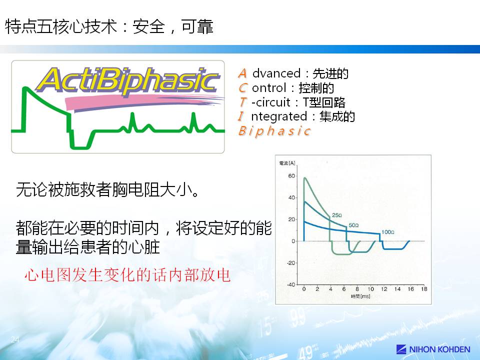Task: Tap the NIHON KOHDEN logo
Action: coord(433,349)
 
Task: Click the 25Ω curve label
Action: coord(337,215)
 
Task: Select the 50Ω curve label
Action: coord(353,225)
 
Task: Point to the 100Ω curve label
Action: coord(388,232)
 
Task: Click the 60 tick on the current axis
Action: coord(291,176)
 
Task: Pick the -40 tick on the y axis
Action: coord(290,284)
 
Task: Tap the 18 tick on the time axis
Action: coord(424,289)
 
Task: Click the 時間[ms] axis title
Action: coord(360,296)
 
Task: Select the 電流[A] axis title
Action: coord(287,163)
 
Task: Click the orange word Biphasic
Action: coord(274,131)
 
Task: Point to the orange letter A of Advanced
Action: coord(242,73)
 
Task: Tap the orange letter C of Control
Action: coord(243,88)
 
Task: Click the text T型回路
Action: coord(324,102)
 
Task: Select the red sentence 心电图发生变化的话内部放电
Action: coord(127,274)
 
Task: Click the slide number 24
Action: coord(15,339)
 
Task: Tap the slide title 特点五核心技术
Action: coord(61,26)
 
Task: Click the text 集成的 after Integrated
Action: coord(337,116)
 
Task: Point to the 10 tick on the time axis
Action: coord(370,289)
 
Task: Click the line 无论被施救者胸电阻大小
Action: coord(108,190)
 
